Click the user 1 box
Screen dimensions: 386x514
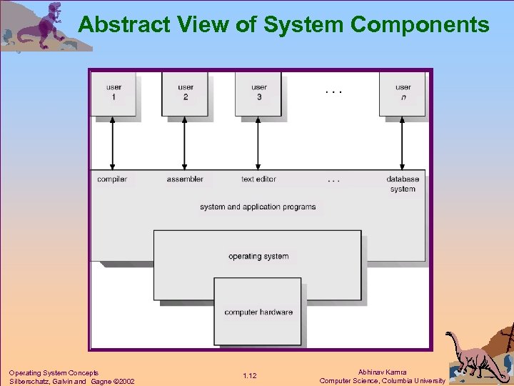(114, 93)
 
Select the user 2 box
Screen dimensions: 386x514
(185, 93)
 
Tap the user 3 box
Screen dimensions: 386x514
(258, 93)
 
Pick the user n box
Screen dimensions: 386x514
(403, 93)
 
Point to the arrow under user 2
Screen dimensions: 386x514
(185, 143)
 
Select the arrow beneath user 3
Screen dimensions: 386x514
(258, 143)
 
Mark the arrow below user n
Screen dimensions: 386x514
(403, 143)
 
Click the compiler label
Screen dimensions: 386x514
(112, 179)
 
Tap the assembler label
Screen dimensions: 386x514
(185, 179)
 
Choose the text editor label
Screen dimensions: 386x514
(258, 179)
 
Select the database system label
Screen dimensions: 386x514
(403, 184)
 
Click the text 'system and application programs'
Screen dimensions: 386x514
(258, 207)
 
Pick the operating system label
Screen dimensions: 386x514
(258, 256)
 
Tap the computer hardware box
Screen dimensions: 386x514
(258, 312)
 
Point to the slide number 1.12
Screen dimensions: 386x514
(249, 376)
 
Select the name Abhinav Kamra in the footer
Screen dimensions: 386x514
(383, 372)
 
